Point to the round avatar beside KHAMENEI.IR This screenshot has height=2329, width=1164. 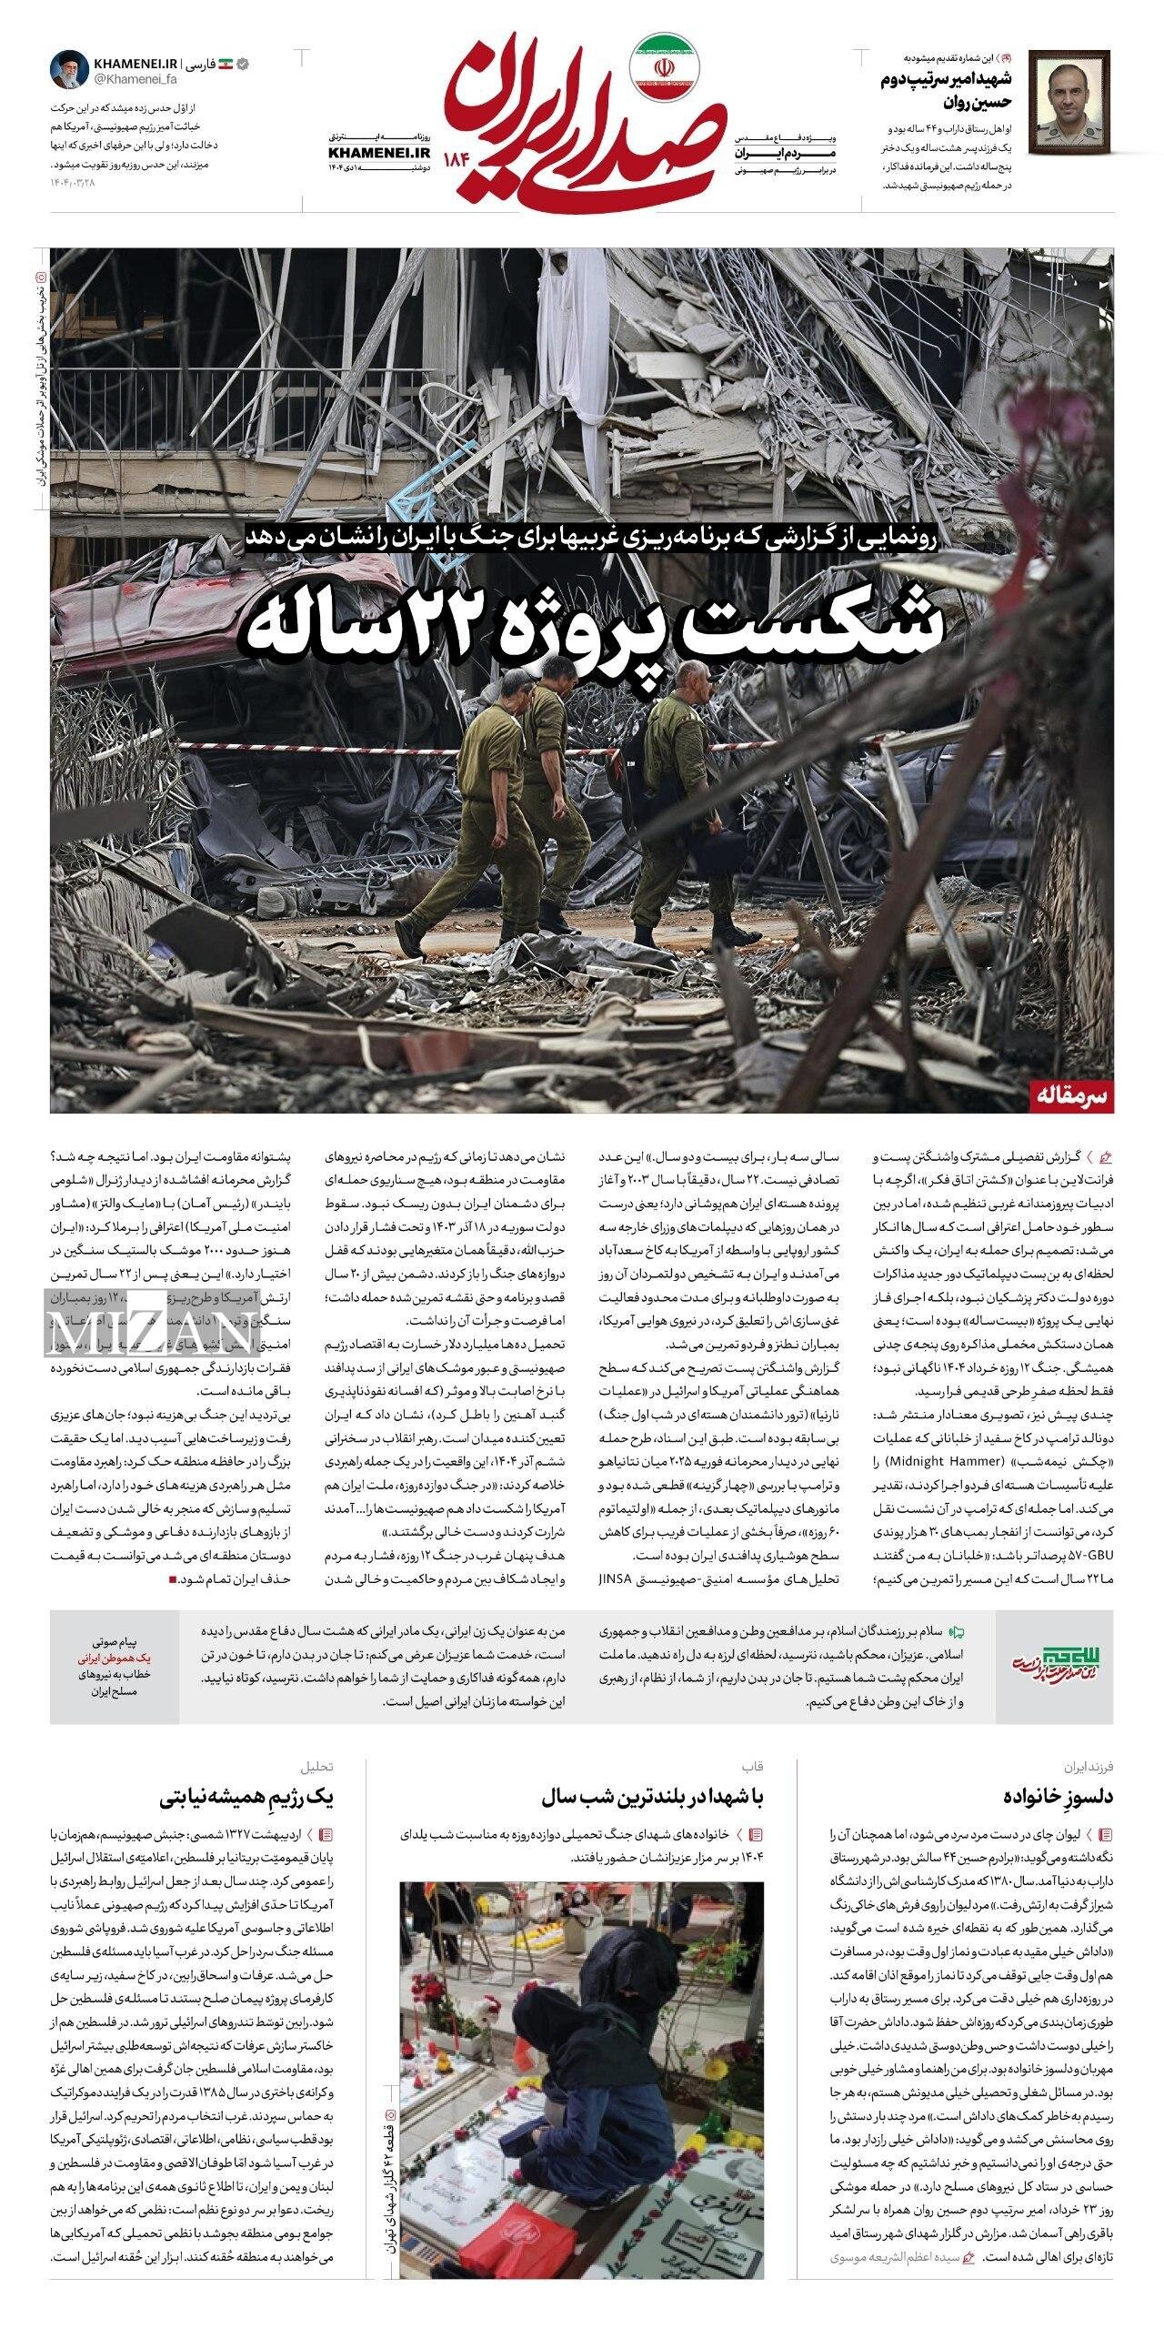point(67,71)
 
